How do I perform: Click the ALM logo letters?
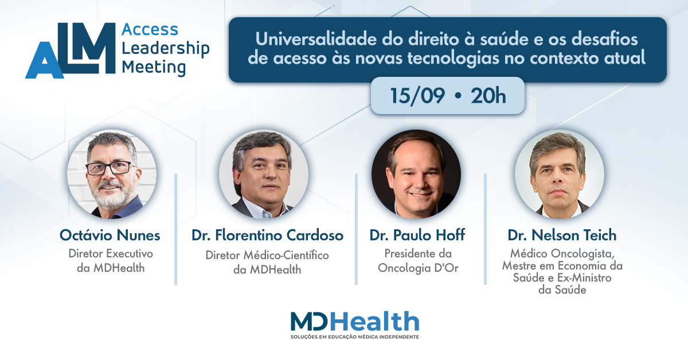(x=71, y=50)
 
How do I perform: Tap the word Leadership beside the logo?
(x=166, y=49)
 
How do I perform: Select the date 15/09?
(x=417, y=96)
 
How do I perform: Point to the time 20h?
(x=488, y=96)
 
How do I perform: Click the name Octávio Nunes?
(x=110, y=236)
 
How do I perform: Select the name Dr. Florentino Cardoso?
(x=267, y=236)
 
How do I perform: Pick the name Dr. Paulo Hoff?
(x=417, y=235)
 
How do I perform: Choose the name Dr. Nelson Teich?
(x=562, y=235)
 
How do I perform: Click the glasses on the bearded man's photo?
(x=110, y=168)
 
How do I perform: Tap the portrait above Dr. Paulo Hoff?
(x=416, y=174)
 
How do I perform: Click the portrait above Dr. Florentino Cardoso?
(x=264, y=174)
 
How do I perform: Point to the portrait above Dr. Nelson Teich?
(x=560, y=174)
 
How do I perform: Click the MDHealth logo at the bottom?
(x=355, y=324)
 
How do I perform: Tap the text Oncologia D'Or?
(x=418, y=268)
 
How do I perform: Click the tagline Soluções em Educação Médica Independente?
(x=355, y=336)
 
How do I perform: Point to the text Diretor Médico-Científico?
(x=267, y=255)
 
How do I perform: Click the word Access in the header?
(x=150, y=30)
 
